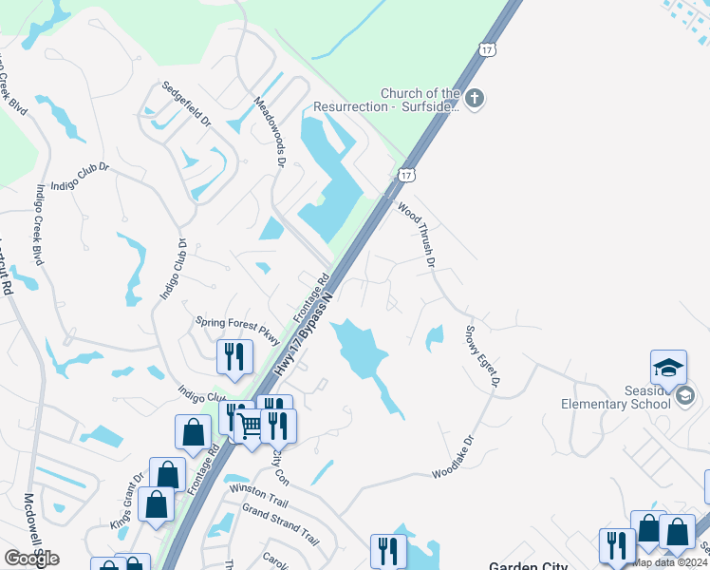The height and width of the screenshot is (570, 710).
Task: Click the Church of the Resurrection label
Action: click(x=420, y=100)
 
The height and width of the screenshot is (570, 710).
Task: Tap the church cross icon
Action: click(x=476, y=97)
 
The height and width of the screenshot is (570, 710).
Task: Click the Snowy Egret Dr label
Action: click(x=482, y=358)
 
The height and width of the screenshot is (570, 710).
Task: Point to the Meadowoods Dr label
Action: click(x=269, y=131)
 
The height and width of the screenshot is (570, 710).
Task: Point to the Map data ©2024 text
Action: click(x=670, y=562)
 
